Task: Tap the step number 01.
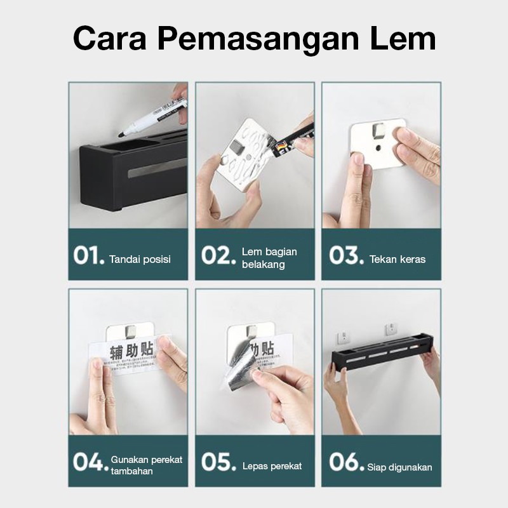(88, 255)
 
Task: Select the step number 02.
(218, 255)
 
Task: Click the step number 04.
(90, 462)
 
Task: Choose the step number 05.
(218, 462)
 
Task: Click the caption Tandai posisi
(140, 259)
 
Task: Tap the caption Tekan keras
(398, 259)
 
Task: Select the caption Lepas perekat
(272, 466)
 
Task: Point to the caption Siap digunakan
(399, 467)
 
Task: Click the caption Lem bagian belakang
(269, 258)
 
